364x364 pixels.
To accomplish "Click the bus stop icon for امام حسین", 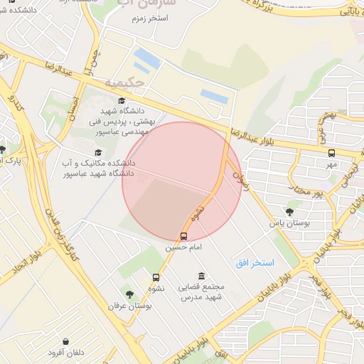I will point(184,236).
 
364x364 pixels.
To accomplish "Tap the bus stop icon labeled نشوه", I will point(156,277).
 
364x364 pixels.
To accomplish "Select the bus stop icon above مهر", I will point(331,153).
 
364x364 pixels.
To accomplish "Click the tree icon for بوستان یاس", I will point(289,211).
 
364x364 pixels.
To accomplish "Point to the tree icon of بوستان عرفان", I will point(129,294).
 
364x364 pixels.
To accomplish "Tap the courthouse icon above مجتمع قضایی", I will point(202,276).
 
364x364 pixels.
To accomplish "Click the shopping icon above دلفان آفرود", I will point(66,342).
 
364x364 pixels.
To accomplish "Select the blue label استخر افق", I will point(255,263).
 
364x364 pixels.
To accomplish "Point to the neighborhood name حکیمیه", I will point(124,82).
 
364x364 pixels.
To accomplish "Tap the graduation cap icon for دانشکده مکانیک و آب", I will point(97,152).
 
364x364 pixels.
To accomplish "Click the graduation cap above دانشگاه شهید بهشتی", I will point(122,102).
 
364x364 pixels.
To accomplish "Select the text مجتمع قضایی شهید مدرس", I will point(203,291).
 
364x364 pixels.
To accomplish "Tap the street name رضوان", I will point(242,170).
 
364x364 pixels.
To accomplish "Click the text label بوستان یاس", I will point(290,223).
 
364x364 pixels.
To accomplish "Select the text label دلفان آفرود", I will point(66,353).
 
